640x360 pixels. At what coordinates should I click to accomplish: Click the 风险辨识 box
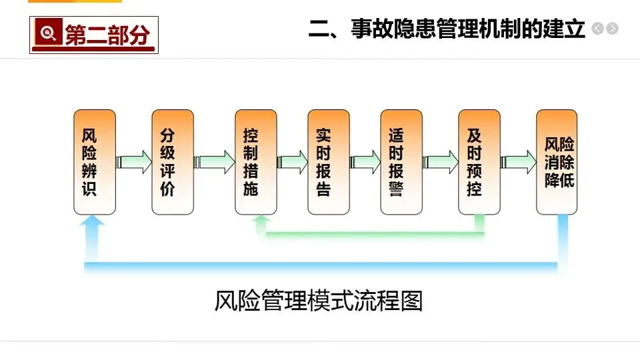point(94,162)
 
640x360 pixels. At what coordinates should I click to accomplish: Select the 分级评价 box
point(173,162)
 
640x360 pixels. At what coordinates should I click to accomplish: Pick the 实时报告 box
point(328,162)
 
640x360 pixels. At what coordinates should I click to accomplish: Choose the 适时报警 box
point(401,162)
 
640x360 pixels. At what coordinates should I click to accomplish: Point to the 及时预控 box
point(479,162)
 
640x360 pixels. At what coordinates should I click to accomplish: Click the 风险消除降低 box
point(557,162)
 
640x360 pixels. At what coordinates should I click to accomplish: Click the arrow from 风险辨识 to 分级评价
point(133,162)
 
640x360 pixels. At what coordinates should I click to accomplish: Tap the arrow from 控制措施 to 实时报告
point(293,162)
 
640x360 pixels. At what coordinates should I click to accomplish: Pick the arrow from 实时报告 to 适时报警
point(365,162)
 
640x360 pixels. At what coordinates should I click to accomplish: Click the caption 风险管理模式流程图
point(319,301)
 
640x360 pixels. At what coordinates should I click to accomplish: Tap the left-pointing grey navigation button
point(597,29)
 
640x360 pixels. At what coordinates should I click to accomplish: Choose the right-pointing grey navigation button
point(612,29)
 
